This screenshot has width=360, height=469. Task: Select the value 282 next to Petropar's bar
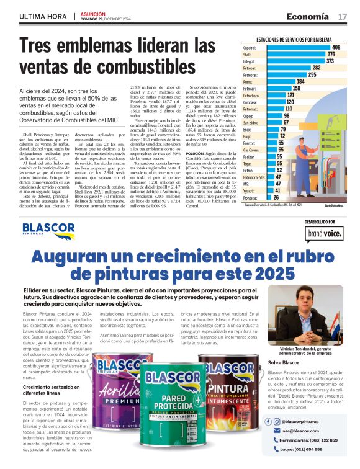coord(316,68)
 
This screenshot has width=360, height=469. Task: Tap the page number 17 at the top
coord(342,17)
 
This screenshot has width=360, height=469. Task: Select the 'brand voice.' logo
coord(324,233)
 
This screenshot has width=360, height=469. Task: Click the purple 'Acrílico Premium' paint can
coord(116,397)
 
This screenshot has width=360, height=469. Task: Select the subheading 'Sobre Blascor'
coord(284,362)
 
